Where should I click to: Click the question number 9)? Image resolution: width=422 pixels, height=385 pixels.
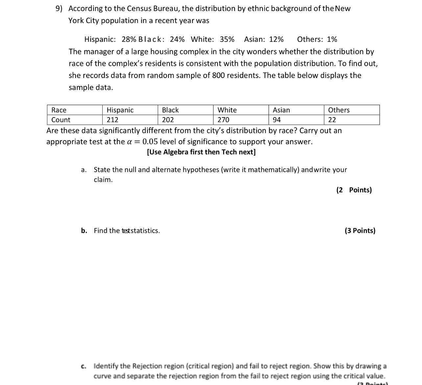point(59,9)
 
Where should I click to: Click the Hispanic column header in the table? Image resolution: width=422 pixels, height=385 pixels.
point(120,110)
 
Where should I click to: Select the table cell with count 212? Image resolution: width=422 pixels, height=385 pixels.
point(112,120)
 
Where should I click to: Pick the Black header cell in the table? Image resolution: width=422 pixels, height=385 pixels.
point(170,110)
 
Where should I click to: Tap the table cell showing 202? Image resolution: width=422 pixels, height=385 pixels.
point(168,120)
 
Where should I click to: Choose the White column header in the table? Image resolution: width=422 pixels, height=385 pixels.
point(227,110)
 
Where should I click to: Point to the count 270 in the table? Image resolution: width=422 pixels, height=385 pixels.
point(223,120)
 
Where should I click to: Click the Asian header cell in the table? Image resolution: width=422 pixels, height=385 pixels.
point(281,110)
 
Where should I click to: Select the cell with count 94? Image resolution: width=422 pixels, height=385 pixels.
point(277,120)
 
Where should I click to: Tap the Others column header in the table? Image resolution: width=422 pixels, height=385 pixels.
point(339,110)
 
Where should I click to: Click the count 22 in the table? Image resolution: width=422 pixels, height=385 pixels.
point(332,120)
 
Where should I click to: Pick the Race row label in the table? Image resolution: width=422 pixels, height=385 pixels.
point(59,110)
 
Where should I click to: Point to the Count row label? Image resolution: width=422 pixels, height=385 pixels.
point(61,120)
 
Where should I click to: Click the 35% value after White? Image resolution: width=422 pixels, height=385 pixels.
point(227,39)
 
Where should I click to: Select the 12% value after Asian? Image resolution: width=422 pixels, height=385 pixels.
point(276,39)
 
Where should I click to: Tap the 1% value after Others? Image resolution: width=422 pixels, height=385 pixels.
point(332,39)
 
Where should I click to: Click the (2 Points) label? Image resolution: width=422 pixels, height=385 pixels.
point(354,190)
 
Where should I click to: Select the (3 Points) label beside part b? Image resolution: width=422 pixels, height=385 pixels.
point(360,231)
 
